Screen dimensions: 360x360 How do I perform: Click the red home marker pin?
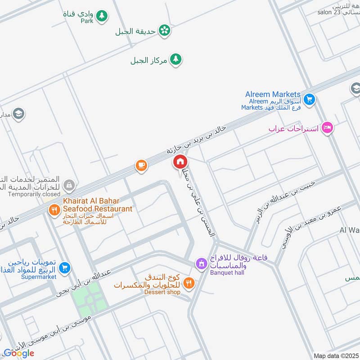point(180,162)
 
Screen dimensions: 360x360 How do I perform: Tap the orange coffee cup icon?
point(141,166)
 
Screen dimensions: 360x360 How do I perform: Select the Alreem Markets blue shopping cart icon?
point(309,99)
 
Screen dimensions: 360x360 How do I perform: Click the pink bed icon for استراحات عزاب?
point(327,128)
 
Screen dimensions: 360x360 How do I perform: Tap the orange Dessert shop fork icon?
point(189,283)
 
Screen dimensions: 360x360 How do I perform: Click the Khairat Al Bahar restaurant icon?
point(55,210)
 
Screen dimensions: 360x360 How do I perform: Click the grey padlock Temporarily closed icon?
point(69,184)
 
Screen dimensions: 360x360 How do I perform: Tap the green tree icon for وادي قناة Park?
point(102,16)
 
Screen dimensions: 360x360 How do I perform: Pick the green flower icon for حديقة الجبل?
point(165,30)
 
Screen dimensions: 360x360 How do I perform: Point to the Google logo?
point(19,353)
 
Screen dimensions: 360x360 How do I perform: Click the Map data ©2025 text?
point(335,355)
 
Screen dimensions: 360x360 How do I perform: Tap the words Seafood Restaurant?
point(98,209)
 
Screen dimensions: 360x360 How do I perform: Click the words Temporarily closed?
point(34,194)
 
